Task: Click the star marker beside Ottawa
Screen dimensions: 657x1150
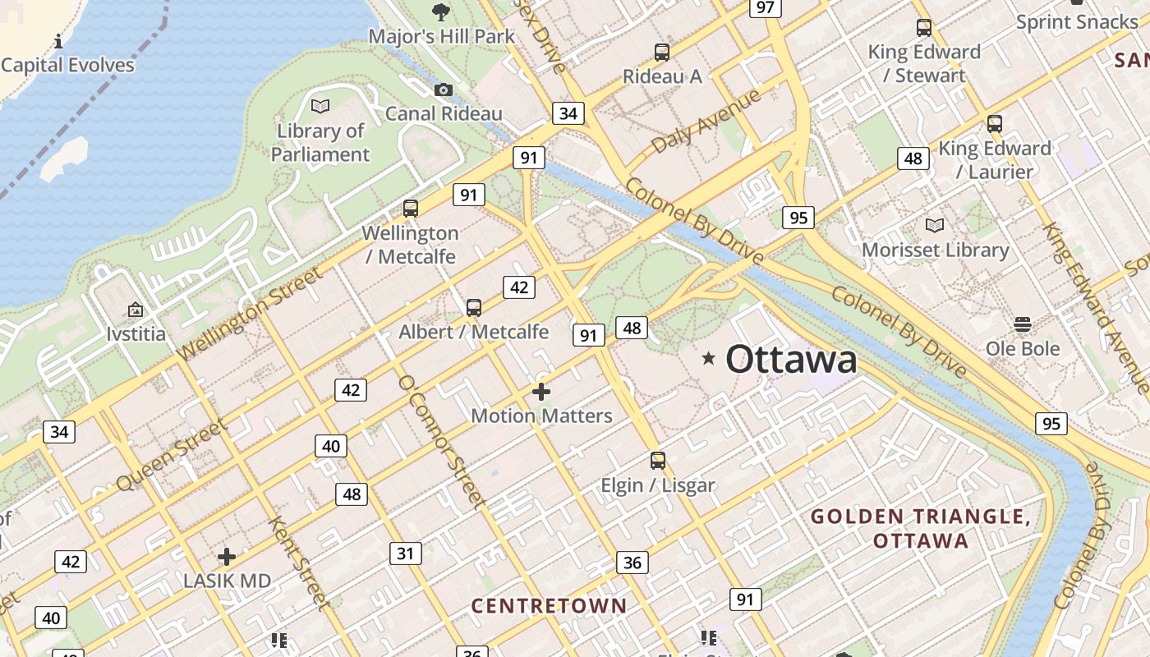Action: (708, 358)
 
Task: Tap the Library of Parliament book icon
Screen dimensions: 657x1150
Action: (320, 106)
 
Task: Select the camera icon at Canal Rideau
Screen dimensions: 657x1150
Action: (444, 90)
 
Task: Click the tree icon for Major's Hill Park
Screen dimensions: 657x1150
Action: (441, 11)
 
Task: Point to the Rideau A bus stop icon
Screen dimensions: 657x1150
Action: (662, 53)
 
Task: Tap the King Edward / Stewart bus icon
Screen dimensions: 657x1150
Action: (924, 28)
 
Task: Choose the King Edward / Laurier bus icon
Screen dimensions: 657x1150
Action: (995, 125)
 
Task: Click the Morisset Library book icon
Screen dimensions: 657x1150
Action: (935, 225)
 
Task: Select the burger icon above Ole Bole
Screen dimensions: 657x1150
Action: (1023, 324)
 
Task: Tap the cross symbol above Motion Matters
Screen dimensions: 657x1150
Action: (541, 392)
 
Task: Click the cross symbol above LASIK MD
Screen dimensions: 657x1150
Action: (227, 557)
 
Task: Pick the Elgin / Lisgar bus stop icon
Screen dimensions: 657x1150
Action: (658, 461)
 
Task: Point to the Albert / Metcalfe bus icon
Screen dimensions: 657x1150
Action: (474, 308)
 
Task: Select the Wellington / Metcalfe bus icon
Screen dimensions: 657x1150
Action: (411, 209)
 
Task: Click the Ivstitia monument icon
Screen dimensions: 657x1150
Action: (136, 310)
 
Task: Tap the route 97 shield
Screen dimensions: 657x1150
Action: (765, 7)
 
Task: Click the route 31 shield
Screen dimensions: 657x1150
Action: (405, 554)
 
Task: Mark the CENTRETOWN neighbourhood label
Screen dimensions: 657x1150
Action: (549, 606)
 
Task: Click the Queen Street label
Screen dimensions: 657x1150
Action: (171, 455)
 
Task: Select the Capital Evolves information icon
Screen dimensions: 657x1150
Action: (58, 41)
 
